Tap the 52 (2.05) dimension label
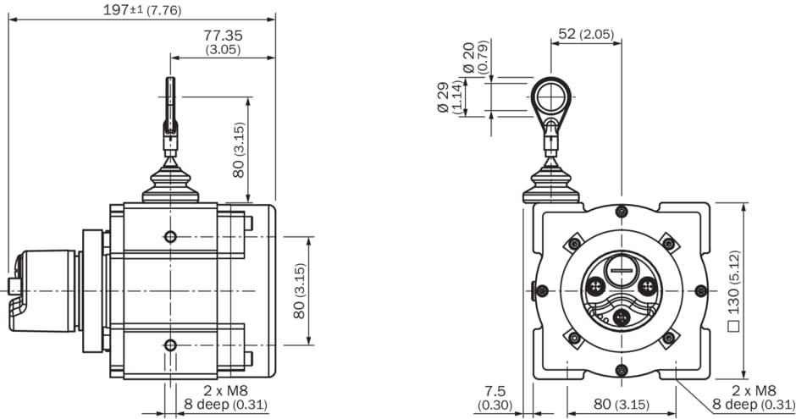(585, 34)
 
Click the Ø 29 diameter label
(446, 97)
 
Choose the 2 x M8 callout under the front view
(753, 390)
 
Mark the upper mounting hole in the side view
(170, 236)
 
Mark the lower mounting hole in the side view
(170, 345)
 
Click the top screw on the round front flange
(622, 212)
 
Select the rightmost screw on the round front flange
(699, 290)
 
